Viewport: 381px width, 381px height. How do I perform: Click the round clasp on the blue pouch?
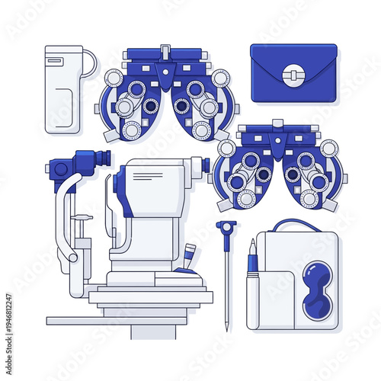(293, 74)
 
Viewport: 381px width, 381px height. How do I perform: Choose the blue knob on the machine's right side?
(205, 165)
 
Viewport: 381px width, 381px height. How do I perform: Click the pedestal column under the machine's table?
(152, 331)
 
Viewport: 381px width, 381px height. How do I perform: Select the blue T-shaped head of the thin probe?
(226, 225)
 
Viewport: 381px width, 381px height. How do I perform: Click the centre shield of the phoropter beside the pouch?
(165, 75)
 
